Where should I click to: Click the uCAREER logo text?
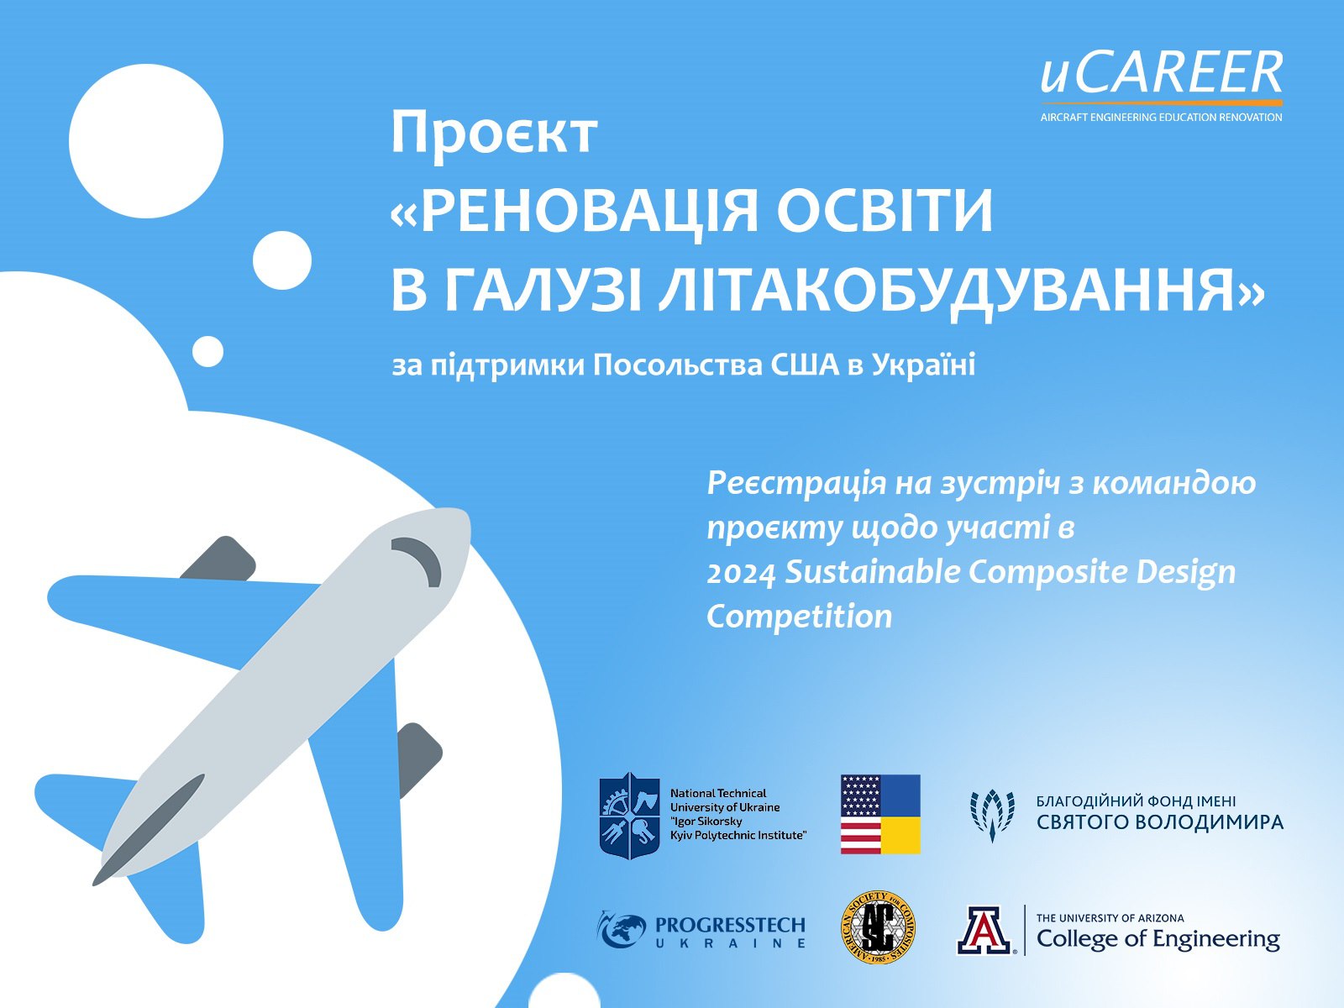point(1161,73)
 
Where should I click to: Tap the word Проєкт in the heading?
point(494,133)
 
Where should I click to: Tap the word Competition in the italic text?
point(800,617)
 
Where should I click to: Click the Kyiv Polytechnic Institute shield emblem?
point(629,815)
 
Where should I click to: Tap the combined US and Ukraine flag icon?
point(879,814)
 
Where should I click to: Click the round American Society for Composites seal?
point(878,927)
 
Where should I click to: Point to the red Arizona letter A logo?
point(986,930)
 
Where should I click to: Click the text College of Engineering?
point(1158,938)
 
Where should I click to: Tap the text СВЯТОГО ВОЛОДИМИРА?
point(1160,822)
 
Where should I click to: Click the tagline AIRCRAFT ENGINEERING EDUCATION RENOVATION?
point(1161,117)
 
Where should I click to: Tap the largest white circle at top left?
point(145,141)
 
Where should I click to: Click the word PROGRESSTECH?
point(730,925)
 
